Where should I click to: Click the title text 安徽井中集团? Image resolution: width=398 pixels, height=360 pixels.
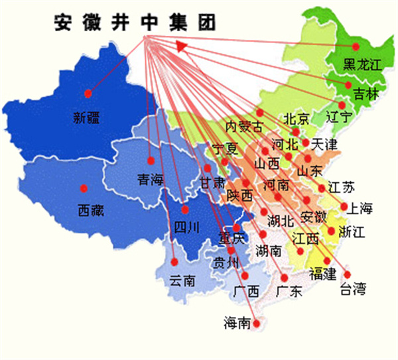coord(135,23)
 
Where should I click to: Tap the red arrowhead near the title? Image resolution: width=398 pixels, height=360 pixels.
coord(180,44)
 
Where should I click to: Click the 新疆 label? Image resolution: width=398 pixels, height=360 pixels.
coord(88,119)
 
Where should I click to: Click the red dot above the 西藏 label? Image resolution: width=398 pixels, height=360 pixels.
coord(84,187)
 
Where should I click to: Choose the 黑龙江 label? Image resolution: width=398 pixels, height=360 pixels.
coord(362,65)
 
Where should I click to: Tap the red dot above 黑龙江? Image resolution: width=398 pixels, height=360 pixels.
coord(356,46)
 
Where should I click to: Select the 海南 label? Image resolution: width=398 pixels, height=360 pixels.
coord(237,323)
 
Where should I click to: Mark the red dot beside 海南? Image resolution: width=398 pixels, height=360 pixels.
coord(258,324)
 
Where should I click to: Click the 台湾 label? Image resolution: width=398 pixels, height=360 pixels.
coord(353,288)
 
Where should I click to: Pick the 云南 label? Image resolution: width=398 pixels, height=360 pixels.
coord(182,280)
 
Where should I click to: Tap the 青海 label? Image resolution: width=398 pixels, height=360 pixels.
coord(150,179)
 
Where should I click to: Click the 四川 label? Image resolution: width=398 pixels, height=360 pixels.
coord(186,228)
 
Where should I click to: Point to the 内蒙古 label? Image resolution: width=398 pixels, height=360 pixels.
coord(244,126)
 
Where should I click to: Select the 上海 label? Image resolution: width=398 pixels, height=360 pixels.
coord(361,208)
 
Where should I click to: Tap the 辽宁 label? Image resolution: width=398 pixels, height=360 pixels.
coord(341,118)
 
